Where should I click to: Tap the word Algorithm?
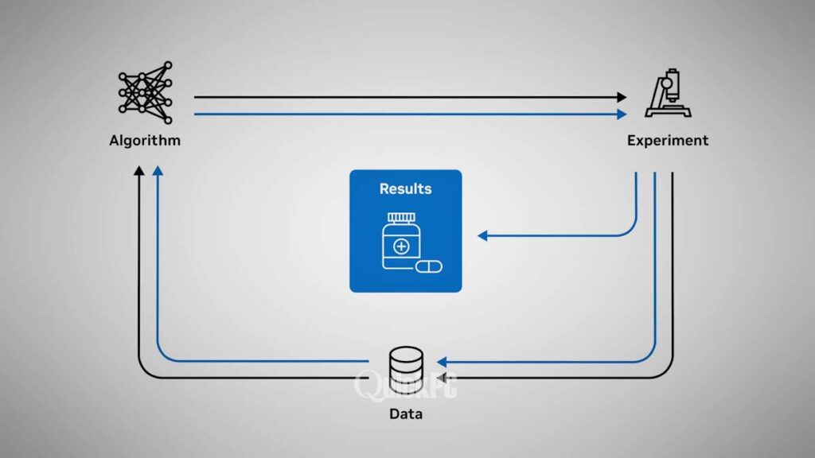pyautogui.click(x=145, y=141)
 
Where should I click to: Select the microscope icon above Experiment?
pyautogui.click(x=666, y=94)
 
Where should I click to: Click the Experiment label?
pyautogui.click(x=667, y=141)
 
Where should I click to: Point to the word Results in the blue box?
pyautogui.click(x=405, y=188)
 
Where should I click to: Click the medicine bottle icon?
pyautogui.click(x=400, y=242)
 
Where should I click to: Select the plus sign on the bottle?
pyautogui.click(x=401, y=246)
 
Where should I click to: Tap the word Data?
pyautogui.click(x=406, y=414)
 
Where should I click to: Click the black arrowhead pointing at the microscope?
pyautogui.click(x=622, y=97)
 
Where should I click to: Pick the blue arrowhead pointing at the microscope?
pyautogui.click(x=622, y=114)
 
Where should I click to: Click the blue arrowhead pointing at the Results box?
pyautogui.click(x=482, y=235)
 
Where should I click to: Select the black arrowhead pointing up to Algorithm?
pyautogui.click(x=139, y=171)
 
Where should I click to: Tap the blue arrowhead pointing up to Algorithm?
pyautogui.click(x=158, y=171)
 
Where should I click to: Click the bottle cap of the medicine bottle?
pyautogui.click(x=400, y=218)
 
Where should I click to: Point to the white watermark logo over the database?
pyautogui.click(x=405, y=386)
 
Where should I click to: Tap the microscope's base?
pyautogui.click(x=665, y=114)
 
